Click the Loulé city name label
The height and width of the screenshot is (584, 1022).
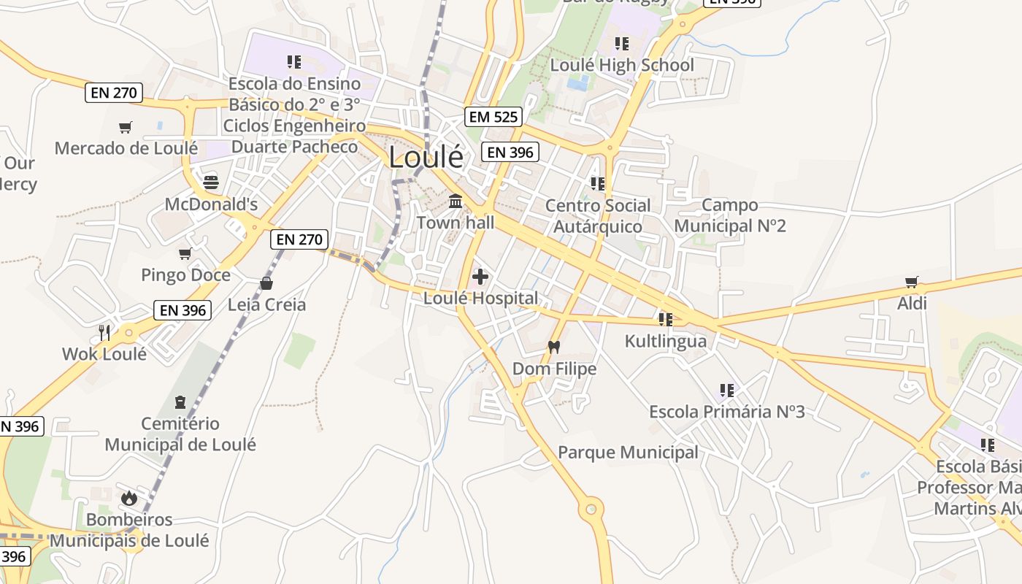click(426, 157)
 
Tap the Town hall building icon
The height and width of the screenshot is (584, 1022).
click(456, 200)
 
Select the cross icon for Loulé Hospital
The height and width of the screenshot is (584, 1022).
click(480, 277)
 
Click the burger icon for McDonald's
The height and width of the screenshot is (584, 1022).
click(211, 182)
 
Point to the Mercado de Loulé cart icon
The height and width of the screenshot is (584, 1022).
click(126, 128)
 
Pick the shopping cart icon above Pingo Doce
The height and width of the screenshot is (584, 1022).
click(185, 254)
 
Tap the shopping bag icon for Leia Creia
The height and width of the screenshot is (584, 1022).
click(266, 283)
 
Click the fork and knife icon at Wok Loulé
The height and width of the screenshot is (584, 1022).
click(104, 333)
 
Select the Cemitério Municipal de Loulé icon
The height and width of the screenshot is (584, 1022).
click(180, 401)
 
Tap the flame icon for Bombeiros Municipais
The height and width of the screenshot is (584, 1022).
click(129, 498)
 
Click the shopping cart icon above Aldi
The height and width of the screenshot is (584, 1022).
click(911, 282)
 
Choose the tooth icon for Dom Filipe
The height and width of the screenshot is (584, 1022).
click(553, 347)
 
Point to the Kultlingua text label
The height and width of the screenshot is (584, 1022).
click(666, 341)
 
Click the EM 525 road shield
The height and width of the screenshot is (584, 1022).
click(493, 116)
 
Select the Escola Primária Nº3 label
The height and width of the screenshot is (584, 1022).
click(727, 412)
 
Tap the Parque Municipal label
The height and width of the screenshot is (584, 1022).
click(628, 453)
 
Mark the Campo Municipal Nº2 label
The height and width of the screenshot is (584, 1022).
click(730, 215)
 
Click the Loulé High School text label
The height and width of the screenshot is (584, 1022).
click(622, 65)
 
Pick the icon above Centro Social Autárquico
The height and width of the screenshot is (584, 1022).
click(598, 183)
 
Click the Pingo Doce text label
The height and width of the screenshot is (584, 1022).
click(185, 275)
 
